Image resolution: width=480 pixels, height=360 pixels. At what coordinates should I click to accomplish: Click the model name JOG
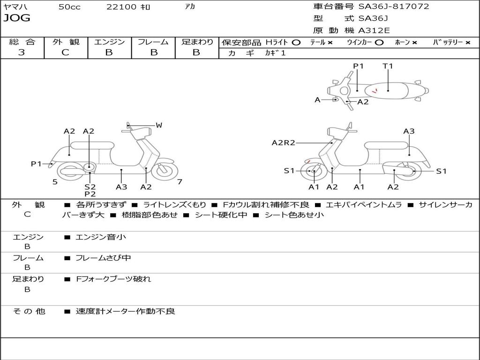pos(16,18)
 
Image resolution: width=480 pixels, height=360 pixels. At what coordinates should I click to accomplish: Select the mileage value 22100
pos(121,7)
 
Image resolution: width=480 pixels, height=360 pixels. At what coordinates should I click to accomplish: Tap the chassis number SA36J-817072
pos(393,7)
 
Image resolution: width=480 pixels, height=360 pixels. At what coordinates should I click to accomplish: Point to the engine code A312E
pos(374,30)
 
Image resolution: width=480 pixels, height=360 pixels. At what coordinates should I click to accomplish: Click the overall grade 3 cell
pos(22,52)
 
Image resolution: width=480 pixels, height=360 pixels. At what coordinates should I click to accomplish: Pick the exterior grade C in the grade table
pos(66,52)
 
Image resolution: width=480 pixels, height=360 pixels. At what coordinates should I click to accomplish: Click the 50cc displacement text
pos(69,7)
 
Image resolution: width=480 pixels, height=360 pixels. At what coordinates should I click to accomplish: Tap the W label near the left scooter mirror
pos(159,125)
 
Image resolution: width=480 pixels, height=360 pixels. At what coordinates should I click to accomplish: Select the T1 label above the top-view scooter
pos(388,66)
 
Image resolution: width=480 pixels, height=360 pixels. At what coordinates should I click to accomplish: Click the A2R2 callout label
pos(283,142)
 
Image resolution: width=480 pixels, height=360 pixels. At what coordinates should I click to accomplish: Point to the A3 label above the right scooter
pos(409,131)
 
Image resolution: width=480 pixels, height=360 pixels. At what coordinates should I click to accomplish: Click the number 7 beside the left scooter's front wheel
pos(180,182)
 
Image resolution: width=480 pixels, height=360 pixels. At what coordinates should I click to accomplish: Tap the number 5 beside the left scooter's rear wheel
pos(55,182)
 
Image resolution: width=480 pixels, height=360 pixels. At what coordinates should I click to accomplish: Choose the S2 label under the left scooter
pos(90,187)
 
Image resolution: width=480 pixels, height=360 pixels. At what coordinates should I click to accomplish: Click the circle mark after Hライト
pos(296,42)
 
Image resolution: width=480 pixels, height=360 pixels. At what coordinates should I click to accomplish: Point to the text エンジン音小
pos(101,237)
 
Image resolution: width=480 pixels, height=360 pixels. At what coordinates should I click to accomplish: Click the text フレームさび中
pos(103,258)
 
